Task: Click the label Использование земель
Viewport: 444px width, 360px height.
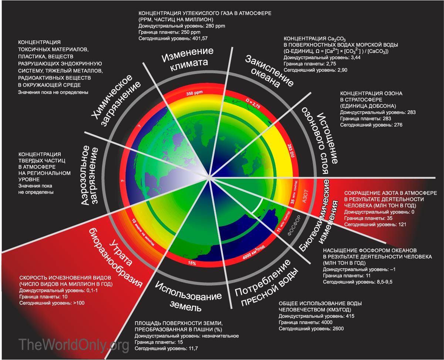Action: point(187,296)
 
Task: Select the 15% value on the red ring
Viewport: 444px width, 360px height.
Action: point(192,263)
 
